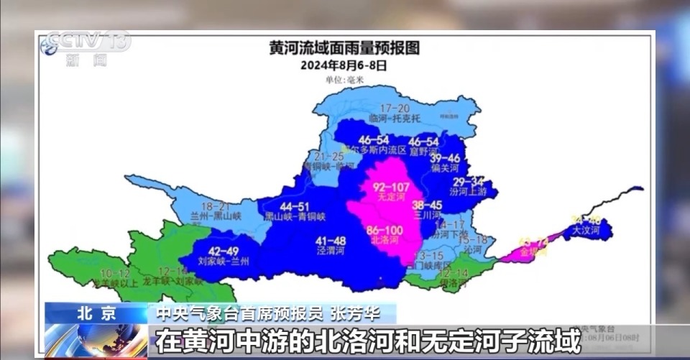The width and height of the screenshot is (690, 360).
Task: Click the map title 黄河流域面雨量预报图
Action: pos(344,49)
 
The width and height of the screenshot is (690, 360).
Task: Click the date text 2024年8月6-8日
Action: pos(344,65)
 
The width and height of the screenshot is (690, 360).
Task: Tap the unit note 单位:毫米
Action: pos(344,80)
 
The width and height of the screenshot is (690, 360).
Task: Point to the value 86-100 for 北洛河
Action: pos(385,230)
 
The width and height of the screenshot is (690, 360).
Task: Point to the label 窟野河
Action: pos(423,152)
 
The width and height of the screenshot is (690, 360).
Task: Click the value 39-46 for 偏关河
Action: pos(446,158)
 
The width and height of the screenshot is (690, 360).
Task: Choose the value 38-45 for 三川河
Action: pos(427,205)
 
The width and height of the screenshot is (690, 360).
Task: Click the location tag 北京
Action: pos(96,313)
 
